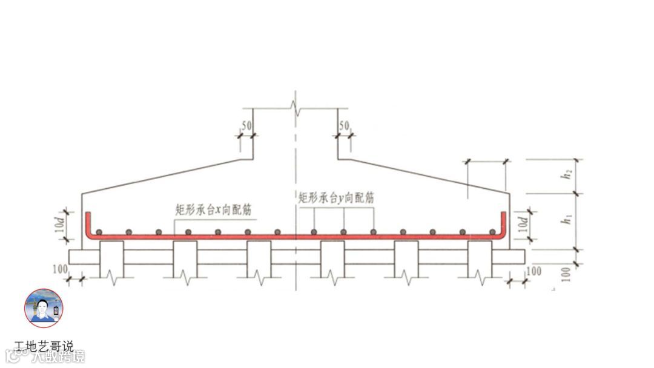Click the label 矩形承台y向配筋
336,197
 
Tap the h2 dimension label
567,176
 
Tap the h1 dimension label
567,220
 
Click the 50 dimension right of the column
345,126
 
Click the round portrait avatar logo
44,308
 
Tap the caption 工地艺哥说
44,347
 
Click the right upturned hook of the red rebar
504,224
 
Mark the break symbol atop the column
295,109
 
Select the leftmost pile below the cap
111,259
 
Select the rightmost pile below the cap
480,259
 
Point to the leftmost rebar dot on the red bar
100,232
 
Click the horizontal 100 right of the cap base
533,271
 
